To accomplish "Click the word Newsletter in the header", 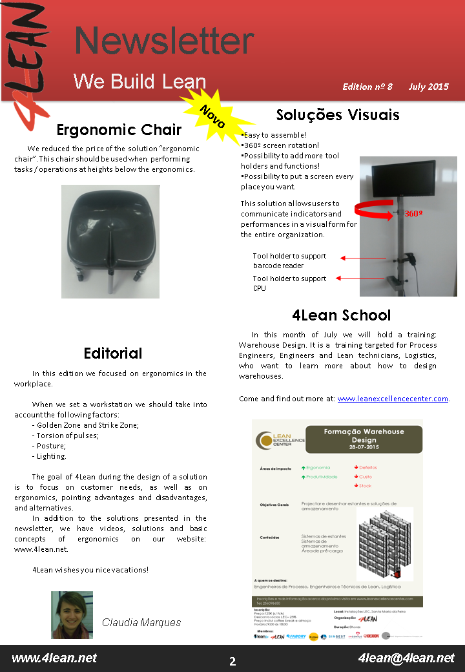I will coord(164,41).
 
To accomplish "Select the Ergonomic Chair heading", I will coord(119,130).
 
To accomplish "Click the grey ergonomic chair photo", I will coord(110,241).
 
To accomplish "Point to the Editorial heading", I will coord(113,353).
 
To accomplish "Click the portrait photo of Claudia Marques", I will coord(72,614).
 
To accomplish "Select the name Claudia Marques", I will coord(141,622).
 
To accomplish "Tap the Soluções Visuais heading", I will coord(338,115).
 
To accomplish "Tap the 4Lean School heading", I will coord(341,315).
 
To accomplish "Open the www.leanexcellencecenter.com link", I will coord(393,399).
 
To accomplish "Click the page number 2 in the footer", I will coord(232,661).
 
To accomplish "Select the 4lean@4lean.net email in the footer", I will coord(406,658).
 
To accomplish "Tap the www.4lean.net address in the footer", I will coord(54,658).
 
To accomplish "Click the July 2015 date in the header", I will coord(428,87).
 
